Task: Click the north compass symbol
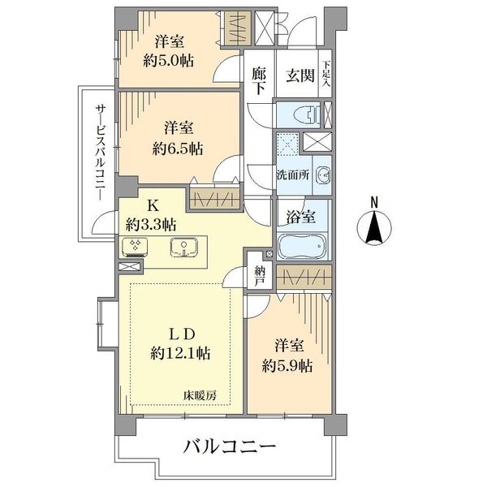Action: (374, 227)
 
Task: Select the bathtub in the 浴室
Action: (302, 245)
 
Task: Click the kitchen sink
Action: (184, 247)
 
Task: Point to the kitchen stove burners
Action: (135, 247)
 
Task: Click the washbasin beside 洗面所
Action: (323, 175)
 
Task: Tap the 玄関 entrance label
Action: (300, 75)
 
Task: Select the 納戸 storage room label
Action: (260, 276)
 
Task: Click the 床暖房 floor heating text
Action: (200, 395)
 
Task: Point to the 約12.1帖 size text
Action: (180, 353)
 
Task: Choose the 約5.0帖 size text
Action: (168, 61)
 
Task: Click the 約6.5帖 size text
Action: (178, 149)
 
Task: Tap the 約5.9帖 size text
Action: (287, 366)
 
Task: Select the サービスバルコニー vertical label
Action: (100, 153)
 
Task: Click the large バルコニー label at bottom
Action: (230, 447)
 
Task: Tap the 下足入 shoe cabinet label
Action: (326, 74)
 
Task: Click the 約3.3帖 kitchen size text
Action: (151, 224)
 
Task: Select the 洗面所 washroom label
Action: (293, 175)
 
